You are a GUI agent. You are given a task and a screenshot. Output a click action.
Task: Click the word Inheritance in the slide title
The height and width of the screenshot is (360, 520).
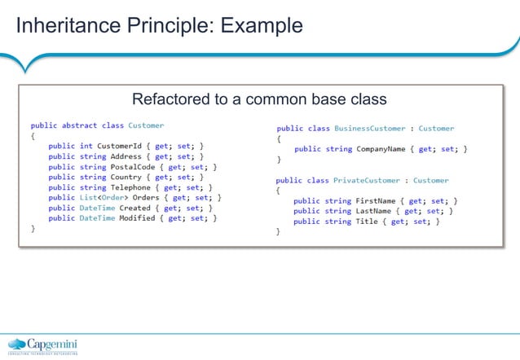click(64, 26)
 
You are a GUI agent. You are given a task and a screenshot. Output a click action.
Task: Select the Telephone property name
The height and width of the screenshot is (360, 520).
click(132, 187)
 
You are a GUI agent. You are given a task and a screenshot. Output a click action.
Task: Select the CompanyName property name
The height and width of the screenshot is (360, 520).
click(386, 149)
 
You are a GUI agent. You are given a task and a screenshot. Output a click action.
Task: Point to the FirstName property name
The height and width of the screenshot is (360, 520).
click(377, 200)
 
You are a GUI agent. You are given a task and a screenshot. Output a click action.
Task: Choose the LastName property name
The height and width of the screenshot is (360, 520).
click(375, 211)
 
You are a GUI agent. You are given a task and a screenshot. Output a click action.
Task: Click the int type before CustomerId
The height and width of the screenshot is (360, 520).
click(86, 146)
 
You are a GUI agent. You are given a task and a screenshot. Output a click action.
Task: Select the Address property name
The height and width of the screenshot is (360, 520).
click(126, 156)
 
